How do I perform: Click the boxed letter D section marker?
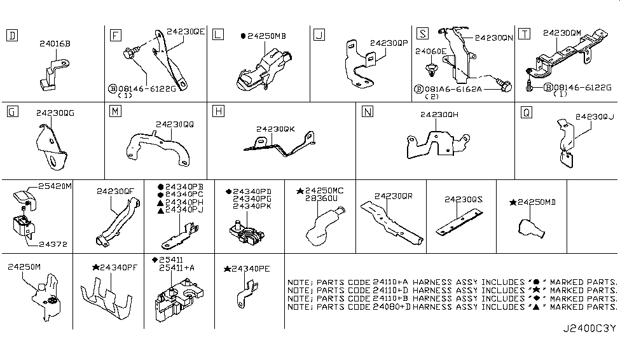[x=11, y=35]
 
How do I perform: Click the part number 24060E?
[x=431, y=50]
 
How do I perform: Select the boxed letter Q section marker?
[x=526, y=112]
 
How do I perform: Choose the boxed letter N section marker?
[x=367, y=112]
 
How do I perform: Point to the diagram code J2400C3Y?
[x=588, y=329]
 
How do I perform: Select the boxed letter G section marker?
[x=11, y=112]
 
